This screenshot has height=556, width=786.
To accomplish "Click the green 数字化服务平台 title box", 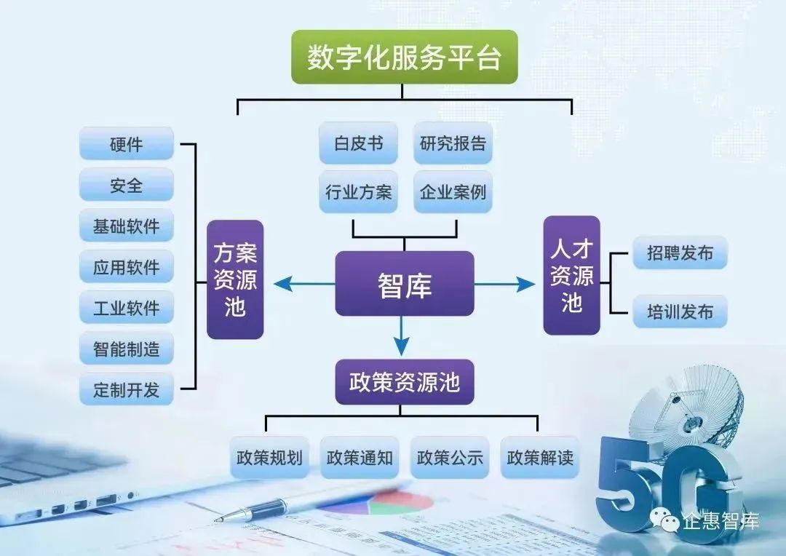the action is pos(405,57).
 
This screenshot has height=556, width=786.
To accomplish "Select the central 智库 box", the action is pos(405,284).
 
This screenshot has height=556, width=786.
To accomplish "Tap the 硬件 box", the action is pos(127,143).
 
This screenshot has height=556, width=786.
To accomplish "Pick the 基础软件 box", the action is pos(127,226).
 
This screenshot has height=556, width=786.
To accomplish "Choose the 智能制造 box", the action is pos(127,348).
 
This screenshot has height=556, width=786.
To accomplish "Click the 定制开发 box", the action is pos(127,389).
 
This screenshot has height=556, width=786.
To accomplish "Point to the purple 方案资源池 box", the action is pos(235,279).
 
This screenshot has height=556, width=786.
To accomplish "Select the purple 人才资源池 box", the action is pos(571,275).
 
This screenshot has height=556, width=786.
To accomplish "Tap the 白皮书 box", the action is pos(358,143).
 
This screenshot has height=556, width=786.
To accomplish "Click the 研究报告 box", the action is pos(453,143).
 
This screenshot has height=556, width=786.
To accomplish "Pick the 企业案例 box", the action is pos(453,191).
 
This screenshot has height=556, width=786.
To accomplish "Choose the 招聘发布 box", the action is pos(680,253).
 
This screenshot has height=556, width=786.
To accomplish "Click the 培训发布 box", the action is pos(680,311).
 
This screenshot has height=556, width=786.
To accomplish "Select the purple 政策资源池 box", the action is pos(405,382).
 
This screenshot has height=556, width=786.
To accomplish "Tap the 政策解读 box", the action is pos(540,457).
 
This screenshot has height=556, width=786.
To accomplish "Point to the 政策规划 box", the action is pos(270,457).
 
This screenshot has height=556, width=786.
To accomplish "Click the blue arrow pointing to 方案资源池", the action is pos(304,285).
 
